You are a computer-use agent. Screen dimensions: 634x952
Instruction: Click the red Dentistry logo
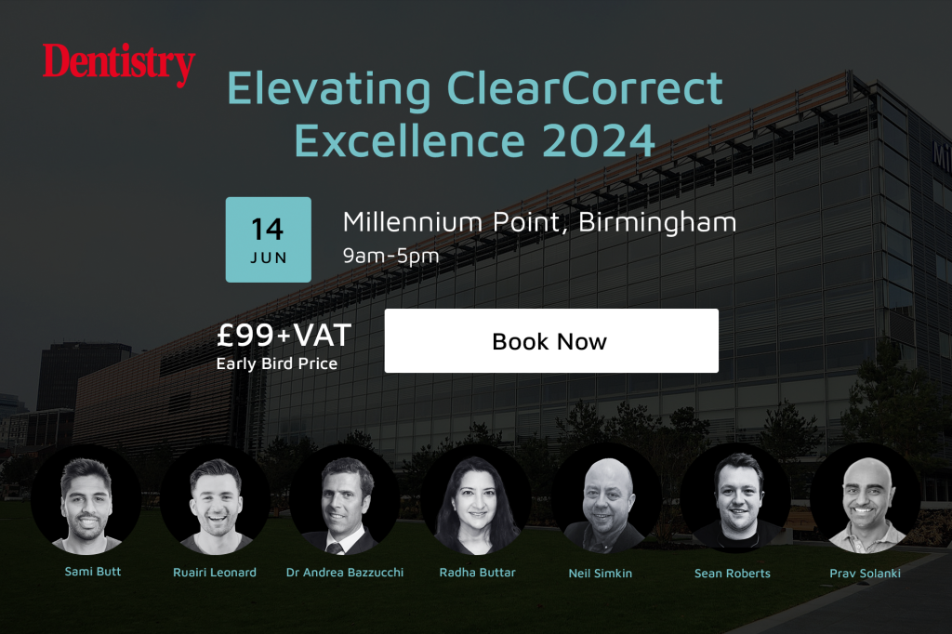tap(118, 64)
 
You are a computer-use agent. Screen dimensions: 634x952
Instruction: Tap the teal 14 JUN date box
tap(268, 239)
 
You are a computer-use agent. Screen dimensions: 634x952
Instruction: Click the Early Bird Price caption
tap(277, 363)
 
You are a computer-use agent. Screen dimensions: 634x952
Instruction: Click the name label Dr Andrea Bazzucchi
tap(345, 573)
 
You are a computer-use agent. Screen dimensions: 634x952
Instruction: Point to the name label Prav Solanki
tap(865, 574)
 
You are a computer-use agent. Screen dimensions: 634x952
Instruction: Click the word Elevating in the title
tap(329, 89)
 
